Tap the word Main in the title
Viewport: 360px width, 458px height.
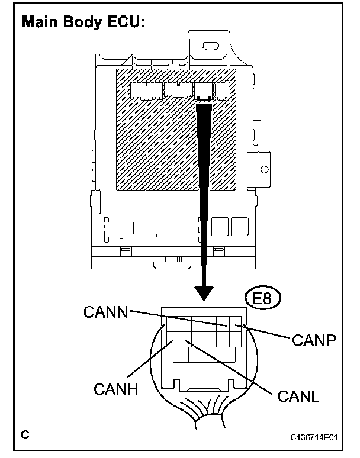pos(40,22)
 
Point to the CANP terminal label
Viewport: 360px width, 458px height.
pos(314,340)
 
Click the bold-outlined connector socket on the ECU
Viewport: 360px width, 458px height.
pos(204,90)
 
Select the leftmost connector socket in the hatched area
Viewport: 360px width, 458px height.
pos(144,91)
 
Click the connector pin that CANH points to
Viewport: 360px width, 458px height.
pos(172,339)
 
